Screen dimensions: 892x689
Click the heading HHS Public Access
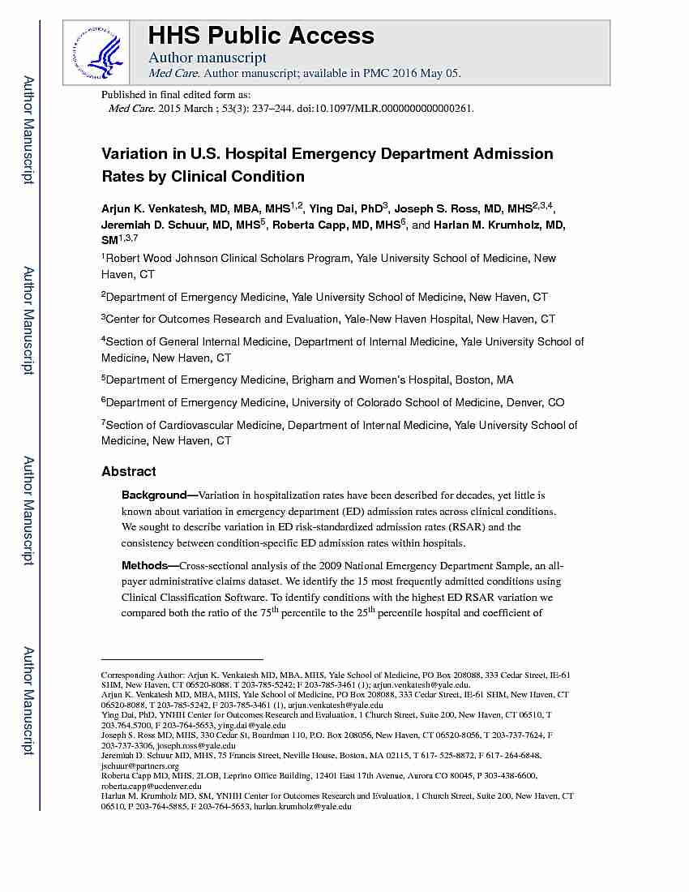[x=261, y=36]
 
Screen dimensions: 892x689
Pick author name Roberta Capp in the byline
[x=304, y=225]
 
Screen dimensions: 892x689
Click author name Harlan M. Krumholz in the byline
[x=486, y=225]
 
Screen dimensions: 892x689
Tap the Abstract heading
[x=129, y=471]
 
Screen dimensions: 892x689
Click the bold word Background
[x=154, y=495]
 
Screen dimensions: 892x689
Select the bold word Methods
[x=146, y=565]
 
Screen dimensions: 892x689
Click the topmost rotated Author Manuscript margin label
[x=28, y=130]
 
